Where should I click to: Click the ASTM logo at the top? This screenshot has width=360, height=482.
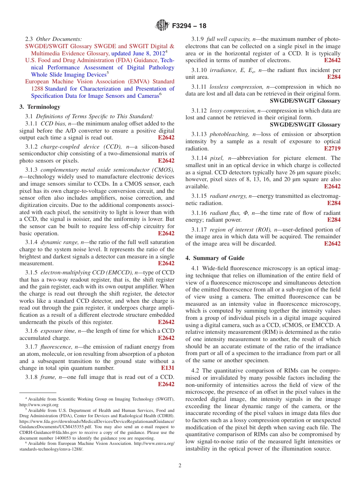click(x=162, y=26)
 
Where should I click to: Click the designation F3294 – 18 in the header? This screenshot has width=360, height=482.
click(x=189, y=26)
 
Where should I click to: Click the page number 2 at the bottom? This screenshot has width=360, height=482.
click(x=180, y=466)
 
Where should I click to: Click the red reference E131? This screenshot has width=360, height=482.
click(x=167, y=368)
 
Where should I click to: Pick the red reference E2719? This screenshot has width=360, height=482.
click(x=332, y=149)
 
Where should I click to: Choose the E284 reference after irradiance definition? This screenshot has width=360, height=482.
click(x=334, y=77)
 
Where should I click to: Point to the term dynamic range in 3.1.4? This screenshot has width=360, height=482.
click(x=58, y=242)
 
